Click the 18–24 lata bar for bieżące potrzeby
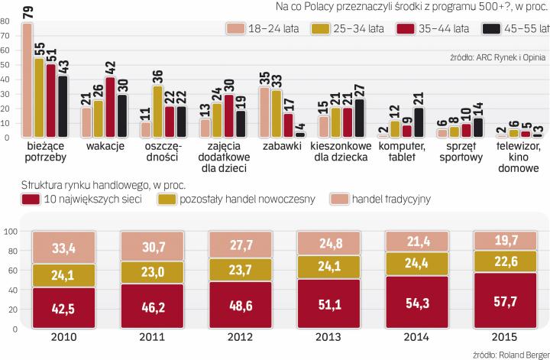[x=27, y=80]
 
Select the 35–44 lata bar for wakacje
[x=109, y=107]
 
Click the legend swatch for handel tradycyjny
[x=339, y=199]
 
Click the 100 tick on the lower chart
[x=9, y=232]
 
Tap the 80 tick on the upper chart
[x=6, y=21]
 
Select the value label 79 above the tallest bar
[x=27, y=11]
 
